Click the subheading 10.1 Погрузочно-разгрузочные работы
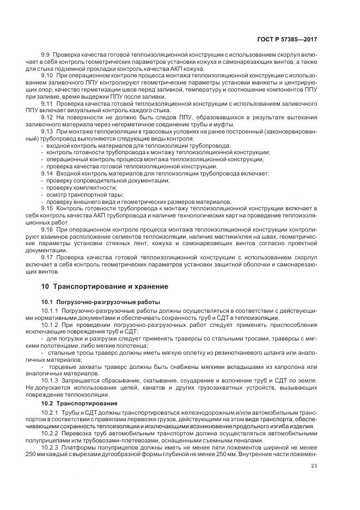(101, 301)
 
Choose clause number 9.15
(47, 208)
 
